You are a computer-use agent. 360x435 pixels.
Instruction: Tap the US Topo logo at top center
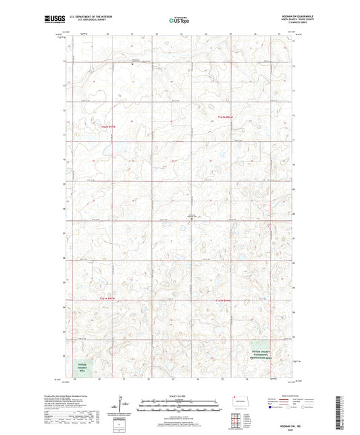coord(179,20)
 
